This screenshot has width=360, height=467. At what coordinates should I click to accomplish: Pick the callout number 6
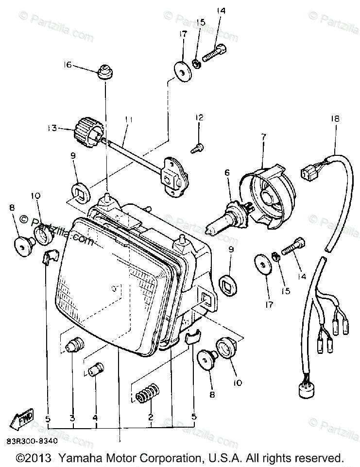click(x=226, y=172)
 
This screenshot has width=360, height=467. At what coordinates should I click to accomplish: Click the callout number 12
click(x=200, y=118)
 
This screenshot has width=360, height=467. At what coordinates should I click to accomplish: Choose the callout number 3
click(x=72, y=417)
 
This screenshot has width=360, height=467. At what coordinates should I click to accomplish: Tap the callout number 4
click(x=96, y=417)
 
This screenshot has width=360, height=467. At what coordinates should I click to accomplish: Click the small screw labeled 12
click(x=197, y=150)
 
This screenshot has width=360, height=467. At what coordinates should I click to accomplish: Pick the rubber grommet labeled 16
click(x=104, y=71)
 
